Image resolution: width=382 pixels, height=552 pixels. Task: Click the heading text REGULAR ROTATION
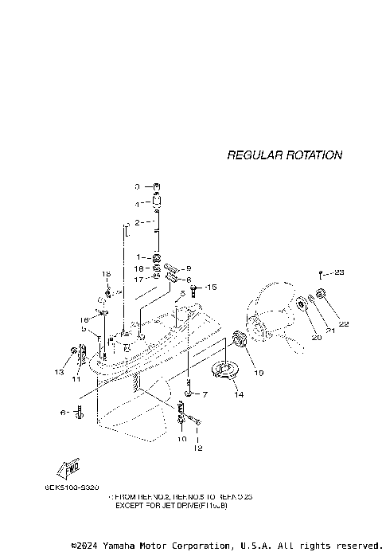(284, 155)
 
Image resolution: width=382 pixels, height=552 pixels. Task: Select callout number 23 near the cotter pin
(339, 273)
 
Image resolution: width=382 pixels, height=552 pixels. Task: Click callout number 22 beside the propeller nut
(344, 323)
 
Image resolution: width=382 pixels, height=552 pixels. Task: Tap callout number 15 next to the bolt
(211, 287)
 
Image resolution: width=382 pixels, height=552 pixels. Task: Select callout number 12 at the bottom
(198, 448)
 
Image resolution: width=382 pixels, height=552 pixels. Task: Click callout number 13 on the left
(59, 372)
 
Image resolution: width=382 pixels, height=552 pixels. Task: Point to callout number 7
(204, 394)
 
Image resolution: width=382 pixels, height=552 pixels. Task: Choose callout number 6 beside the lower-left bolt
(63, 412)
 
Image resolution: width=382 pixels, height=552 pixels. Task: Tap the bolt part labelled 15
(192, 290)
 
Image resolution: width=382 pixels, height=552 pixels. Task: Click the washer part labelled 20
(304, 306)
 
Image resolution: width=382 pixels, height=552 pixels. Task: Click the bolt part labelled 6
(80, 413)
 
